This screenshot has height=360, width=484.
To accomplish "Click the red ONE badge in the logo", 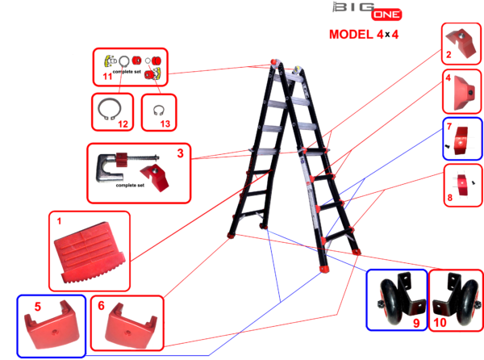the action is [386, 15].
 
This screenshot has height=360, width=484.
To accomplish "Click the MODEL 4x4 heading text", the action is [364, 34].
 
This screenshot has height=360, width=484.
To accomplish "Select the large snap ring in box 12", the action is [109, 109].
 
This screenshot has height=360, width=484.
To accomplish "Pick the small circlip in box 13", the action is [159, 111].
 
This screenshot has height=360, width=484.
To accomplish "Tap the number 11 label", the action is [107, 76].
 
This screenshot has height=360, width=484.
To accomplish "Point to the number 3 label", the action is [180, 153].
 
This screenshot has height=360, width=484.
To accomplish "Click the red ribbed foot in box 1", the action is [90, 252].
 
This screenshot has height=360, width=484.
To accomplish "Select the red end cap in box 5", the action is [52, 325].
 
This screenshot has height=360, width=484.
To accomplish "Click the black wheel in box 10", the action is [469, 302].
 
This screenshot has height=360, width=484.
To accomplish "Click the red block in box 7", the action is [461, 140].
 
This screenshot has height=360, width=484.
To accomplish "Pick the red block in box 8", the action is [462, 185].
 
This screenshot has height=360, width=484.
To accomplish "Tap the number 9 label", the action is [416, 323].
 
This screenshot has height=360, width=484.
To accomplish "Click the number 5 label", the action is [37, 307].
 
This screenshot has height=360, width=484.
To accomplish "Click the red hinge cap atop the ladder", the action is [273, 61].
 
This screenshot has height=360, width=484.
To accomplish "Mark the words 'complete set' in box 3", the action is [130, 186].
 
